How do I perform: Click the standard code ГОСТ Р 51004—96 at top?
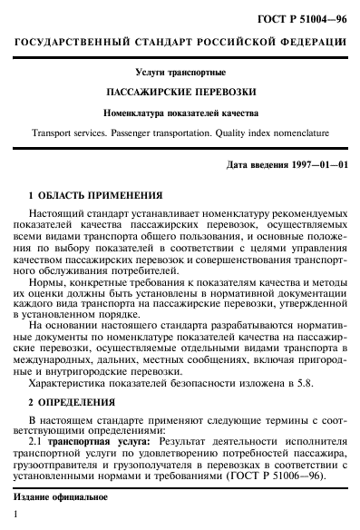(x=305, y=20)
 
